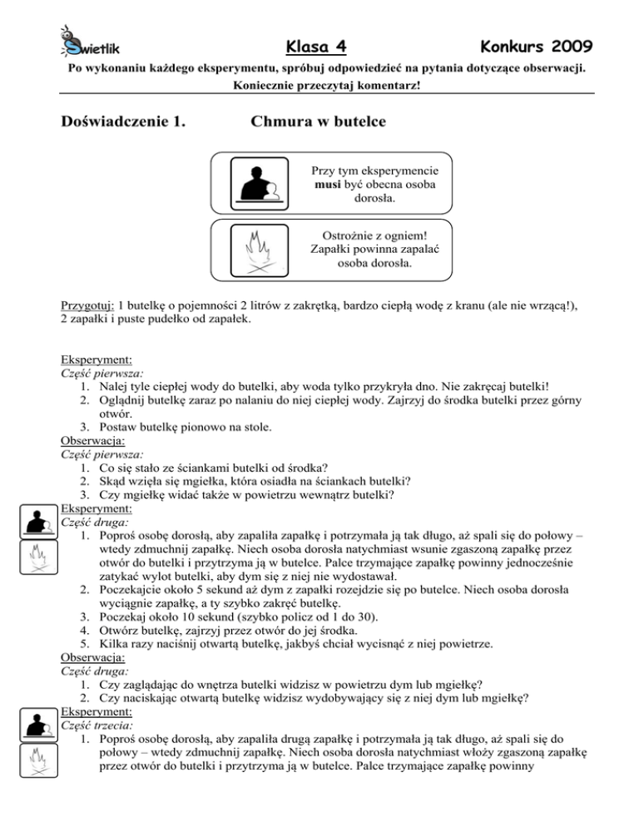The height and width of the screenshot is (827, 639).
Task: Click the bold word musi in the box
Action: pos(331,184)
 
